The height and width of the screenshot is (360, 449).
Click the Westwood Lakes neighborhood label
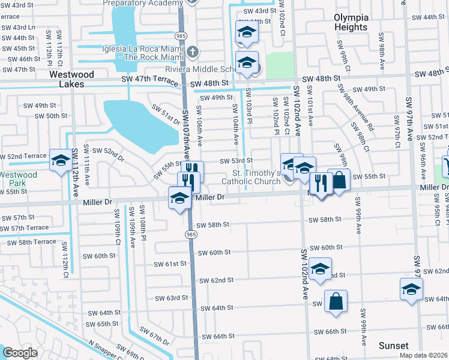pos(76,79)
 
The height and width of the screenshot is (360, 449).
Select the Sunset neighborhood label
pos(394,346)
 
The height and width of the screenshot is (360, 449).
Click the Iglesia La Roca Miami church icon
pos(191,52)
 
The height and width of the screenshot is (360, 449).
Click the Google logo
pos(20,353)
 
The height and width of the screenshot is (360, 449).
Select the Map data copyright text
pos(423,355)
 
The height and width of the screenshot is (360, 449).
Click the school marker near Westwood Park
pos(60,160)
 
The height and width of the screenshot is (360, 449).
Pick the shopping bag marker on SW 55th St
pos(339,179)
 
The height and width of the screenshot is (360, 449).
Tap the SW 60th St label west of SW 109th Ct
pos(100,256)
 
